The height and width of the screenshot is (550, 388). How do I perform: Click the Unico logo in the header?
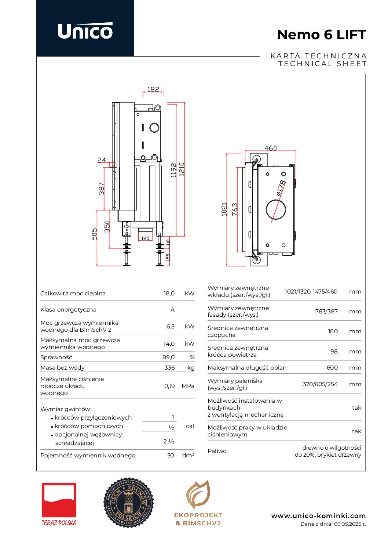coord(85,31)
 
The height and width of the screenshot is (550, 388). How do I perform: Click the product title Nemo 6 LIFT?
coord(321,35)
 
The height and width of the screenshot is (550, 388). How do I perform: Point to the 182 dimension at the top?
coord(153,89)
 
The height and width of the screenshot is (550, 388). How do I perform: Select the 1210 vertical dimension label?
coord(182,169)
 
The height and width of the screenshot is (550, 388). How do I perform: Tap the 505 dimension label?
coord(94,234)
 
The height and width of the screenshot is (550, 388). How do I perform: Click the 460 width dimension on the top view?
coord(270,148)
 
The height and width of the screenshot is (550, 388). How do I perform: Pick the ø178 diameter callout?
coord(281,187)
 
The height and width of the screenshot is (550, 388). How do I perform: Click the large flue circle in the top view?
coord(276,209)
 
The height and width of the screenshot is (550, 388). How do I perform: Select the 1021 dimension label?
coord(224,209)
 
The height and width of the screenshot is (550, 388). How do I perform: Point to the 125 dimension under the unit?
coord(145,238)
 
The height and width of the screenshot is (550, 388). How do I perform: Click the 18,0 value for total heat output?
coord(169,294)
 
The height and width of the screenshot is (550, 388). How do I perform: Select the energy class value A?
coord(172,310)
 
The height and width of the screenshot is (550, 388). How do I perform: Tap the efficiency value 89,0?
coord(168,357)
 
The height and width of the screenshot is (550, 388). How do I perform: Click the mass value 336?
coord(169,367)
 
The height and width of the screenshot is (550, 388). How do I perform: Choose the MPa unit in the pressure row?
coord(188,386)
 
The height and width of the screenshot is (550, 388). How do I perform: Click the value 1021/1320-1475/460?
coord(311,291)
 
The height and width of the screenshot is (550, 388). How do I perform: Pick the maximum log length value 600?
coord(332,367)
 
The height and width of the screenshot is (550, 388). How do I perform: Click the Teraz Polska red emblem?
coord(59,500)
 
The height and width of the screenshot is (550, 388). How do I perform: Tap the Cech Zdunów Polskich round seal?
coord(128,502)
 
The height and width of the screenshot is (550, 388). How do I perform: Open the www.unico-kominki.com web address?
coord(318,516)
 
